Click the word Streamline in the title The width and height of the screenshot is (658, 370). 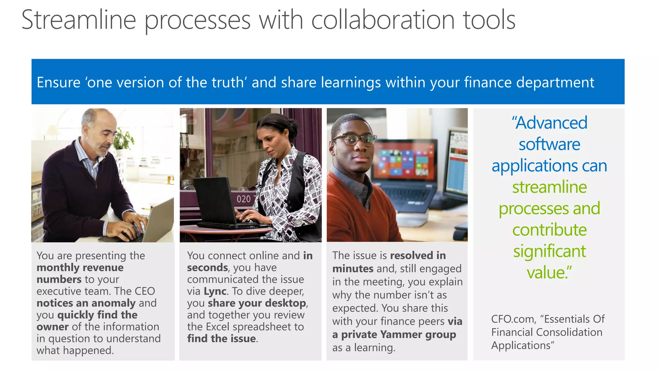pos(79,20)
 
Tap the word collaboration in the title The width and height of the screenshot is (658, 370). pos(383,20)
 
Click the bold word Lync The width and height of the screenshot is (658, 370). pos(215,291)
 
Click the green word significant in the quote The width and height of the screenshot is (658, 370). pos(549,251)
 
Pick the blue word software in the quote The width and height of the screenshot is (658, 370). pos(549,144)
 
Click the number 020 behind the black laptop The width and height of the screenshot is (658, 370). pos(244,199)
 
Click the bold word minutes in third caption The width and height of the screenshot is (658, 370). pos(353,269)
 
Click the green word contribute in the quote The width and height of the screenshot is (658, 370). pos(549,230)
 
